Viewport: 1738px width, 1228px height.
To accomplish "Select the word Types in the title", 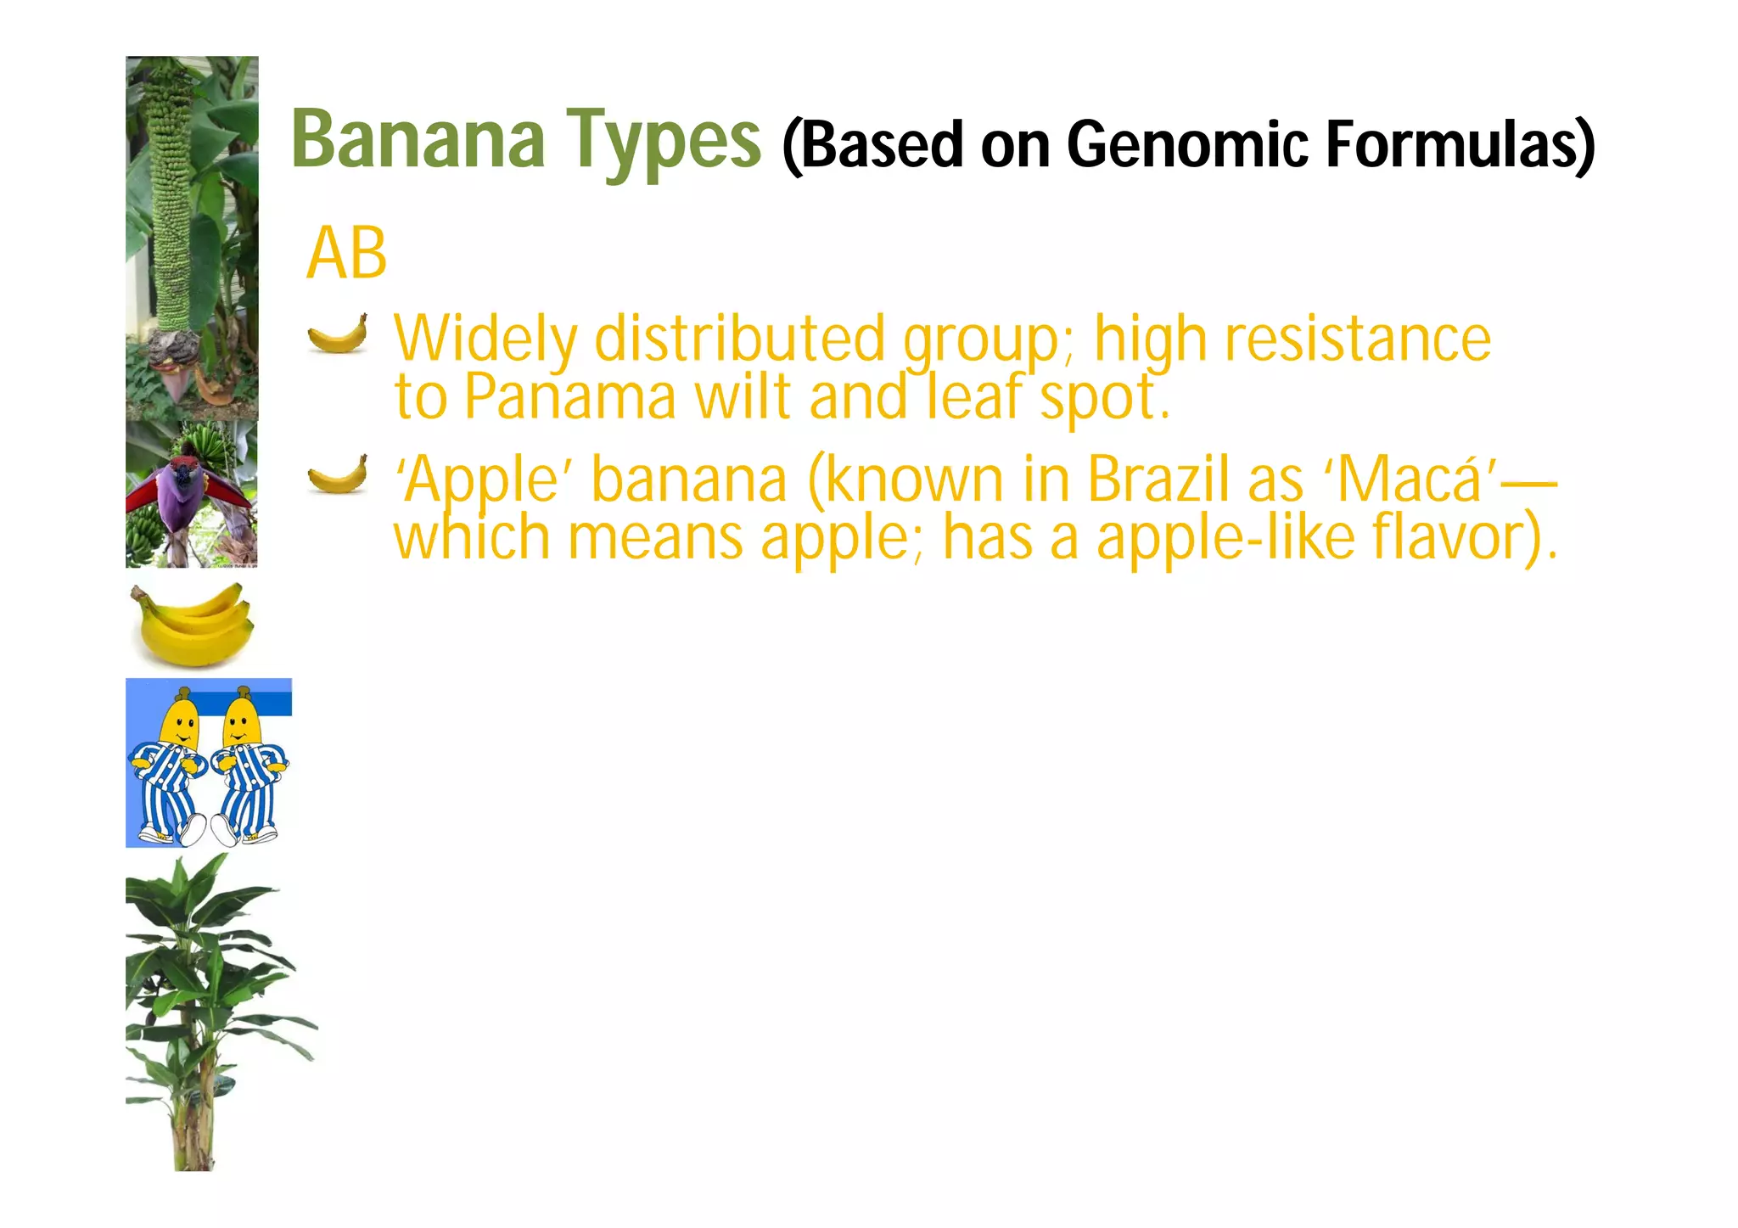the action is click(664, 143).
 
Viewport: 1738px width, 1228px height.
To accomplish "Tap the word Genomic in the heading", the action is click(1187, 145).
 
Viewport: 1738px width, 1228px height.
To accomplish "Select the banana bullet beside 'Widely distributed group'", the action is click(338, 334).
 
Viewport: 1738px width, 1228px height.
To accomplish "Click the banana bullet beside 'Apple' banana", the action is click(338, 474).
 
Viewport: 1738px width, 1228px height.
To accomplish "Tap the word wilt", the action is click(743, 396).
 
